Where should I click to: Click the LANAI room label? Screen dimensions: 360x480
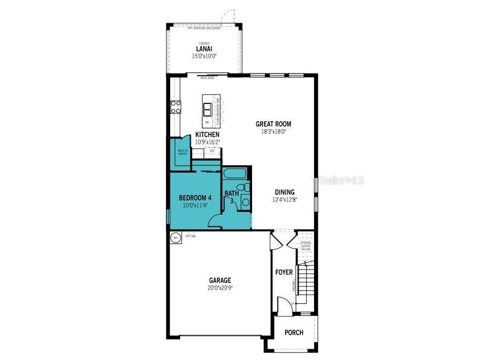click(x=204, y=49)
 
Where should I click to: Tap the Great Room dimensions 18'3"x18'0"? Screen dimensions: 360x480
click(x=273, y=132)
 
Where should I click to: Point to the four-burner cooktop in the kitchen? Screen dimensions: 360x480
click(x=175, y=108)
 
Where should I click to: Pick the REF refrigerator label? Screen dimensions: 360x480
click(x=212, y=151)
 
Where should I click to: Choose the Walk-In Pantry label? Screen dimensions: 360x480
click(x=182, y=153)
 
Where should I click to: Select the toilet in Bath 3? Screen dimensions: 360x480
click(x=244, y=187)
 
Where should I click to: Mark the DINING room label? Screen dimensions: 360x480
click(x=284, y=192)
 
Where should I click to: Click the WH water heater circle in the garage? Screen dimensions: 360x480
click(x=175, y=238)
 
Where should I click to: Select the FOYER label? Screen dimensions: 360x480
click(x=284, y=272)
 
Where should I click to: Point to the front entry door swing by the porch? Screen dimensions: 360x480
click(x=284, y=306)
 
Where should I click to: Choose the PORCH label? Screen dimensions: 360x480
click(x=294, y=333)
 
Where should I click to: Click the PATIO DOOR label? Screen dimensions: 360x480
click(x=207, y=78)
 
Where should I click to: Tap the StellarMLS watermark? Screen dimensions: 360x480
click(x=339, y=181)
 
